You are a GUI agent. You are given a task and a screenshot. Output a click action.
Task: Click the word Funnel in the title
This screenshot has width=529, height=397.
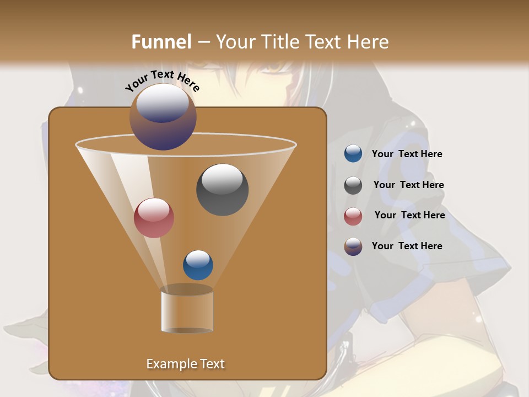pos(161,42)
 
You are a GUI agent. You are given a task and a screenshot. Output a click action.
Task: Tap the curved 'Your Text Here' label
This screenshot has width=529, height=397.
pos(162,81)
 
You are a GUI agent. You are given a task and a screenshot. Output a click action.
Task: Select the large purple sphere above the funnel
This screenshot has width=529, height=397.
pos(163,117)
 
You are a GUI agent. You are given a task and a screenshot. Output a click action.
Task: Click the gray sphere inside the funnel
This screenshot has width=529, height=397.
pos(222,190)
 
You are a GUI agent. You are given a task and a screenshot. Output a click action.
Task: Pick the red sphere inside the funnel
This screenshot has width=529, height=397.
pos(154,218)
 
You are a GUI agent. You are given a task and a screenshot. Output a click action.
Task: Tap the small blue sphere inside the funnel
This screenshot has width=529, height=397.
pos(198,265)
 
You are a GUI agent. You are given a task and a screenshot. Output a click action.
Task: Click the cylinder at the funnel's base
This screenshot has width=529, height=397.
pos(187,310)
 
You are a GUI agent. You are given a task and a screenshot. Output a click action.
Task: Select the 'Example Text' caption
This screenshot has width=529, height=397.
pos(186,364)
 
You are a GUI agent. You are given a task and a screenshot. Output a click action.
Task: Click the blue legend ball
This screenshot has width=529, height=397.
pos(353,154)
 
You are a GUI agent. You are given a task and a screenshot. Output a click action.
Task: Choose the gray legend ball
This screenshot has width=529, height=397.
pos(353,185)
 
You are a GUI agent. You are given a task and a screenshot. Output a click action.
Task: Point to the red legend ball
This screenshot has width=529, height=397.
pos(353,216)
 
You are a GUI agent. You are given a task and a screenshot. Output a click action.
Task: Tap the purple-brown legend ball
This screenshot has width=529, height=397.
pos(353,246)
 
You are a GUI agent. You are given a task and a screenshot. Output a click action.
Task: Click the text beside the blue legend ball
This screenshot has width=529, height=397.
pos(407,154)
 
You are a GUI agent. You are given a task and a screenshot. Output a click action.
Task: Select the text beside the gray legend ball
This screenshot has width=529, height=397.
pos(408,185)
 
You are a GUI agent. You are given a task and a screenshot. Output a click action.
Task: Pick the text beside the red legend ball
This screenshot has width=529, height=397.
pos(409,216)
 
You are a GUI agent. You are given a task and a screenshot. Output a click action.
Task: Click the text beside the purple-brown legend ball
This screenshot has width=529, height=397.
pos(407,246)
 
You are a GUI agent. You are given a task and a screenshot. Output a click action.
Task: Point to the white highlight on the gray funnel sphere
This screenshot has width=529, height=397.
pos(222,178)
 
